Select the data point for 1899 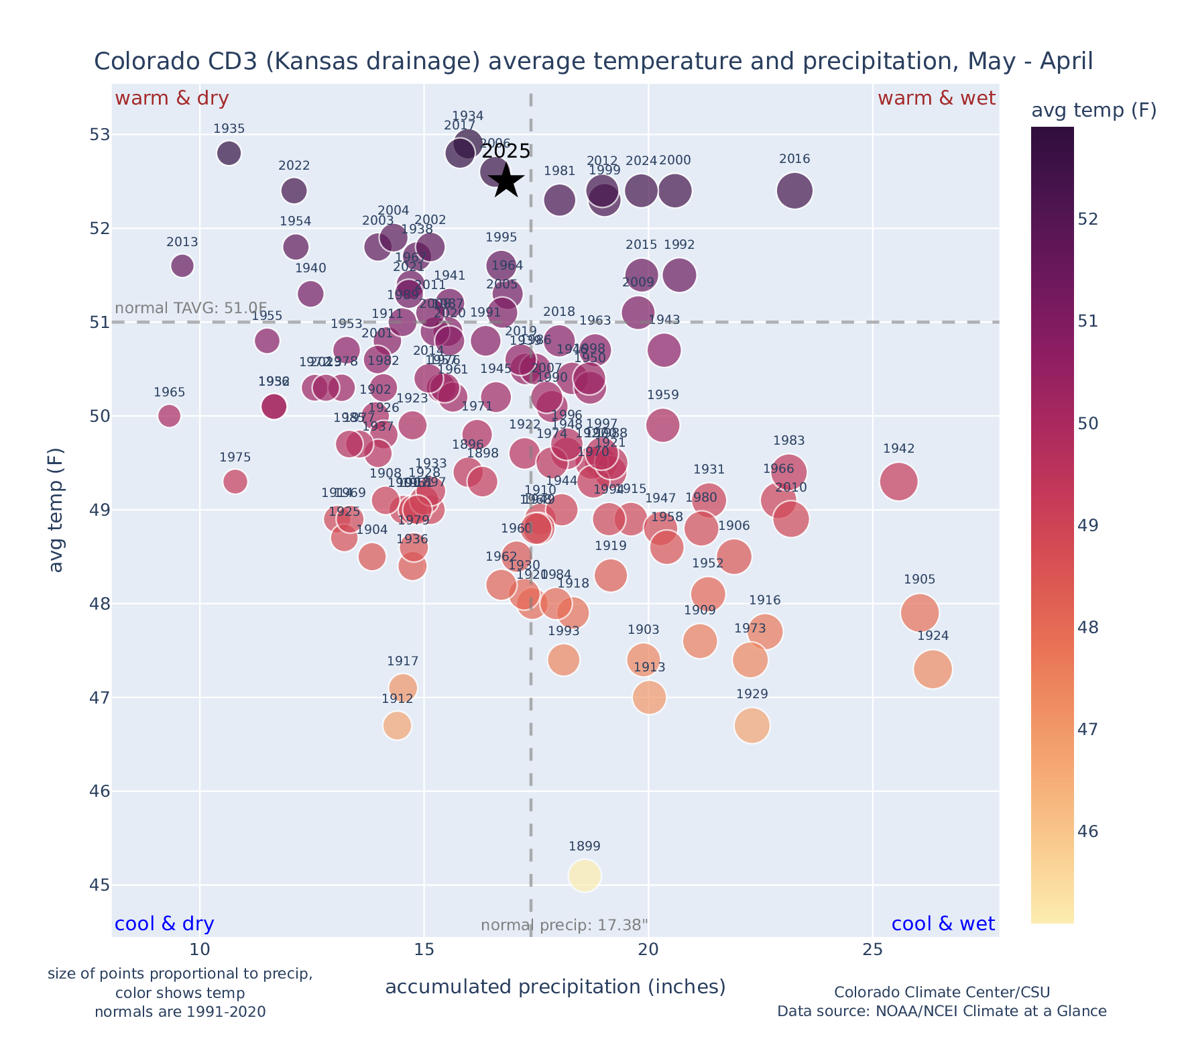(x=585, y=875)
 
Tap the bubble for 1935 (x=229, y=153)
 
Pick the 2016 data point (x=794, y=190)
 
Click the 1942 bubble (x=898, y=482)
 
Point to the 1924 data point (x=933, y=669)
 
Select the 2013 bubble (x=182, y=266)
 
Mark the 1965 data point (x=169, y=416)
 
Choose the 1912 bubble (x=397, y=726)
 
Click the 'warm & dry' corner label (x=172, y=99)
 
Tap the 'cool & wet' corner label (x=943, y=924)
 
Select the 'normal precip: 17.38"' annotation (x=564, y=926)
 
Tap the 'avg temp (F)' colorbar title (x=1093, y=111)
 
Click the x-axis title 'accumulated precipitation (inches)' (x=555, y=987)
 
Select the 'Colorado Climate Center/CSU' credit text (x=941, y=992)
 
